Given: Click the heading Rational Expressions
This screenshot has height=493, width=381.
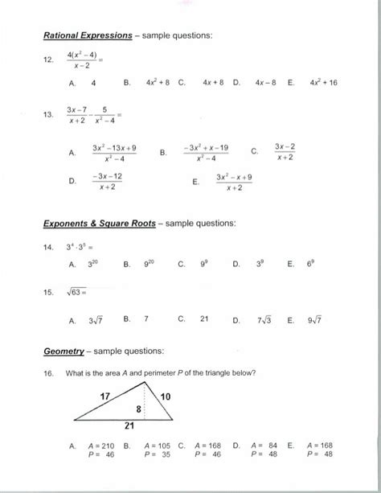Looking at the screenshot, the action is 88,36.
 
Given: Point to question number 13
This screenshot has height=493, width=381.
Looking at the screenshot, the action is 48,115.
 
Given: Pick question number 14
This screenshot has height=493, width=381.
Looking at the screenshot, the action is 48,247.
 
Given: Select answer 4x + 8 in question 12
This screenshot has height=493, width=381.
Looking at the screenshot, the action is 213,82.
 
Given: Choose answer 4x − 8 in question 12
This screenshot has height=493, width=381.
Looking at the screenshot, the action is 266,82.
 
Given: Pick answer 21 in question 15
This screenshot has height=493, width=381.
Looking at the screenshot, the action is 204,319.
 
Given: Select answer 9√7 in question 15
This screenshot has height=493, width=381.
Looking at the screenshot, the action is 313,319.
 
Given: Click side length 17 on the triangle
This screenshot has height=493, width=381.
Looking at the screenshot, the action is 104,396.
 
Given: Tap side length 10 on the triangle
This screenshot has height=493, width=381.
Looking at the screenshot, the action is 165,396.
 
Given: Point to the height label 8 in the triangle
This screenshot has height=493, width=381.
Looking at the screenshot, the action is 137,409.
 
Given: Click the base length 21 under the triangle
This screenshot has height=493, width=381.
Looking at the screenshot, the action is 129,428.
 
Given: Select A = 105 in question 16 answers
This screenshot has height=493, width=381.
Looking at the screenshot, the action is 158,445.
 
